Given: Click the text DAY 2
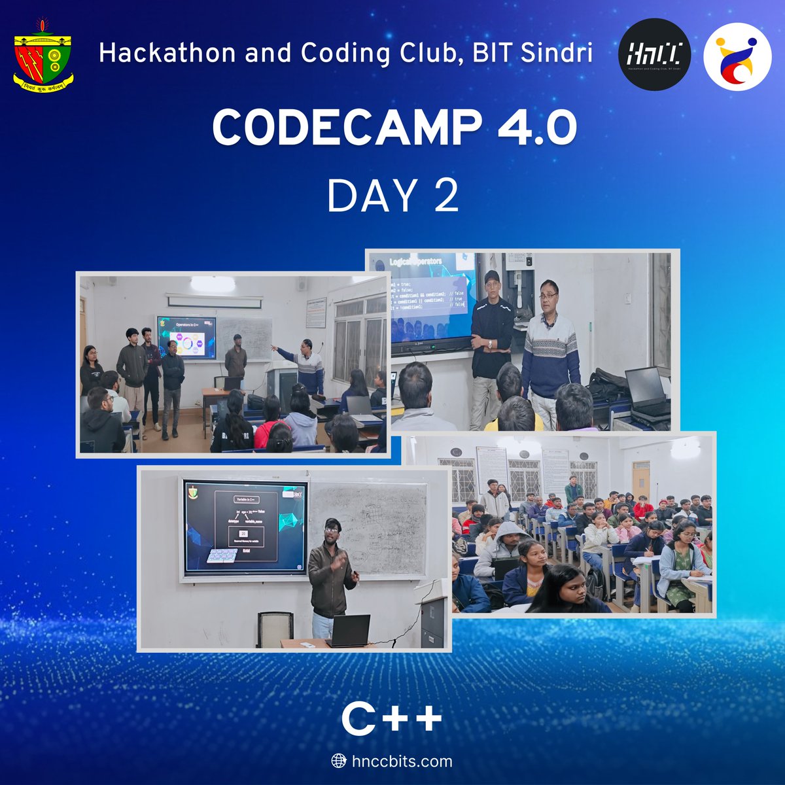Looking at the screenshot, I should coord(392,196).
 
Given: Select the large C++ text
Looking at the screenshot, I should coord(392,720).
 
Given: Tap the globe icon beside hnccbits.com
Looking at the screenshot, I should coord(339,761).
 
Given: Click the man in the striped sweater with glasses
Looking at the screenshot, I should coord(550,347).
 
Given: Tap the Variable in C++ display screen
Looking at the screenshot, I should coord(246,527).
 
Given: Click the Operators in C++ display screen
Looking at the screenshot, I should coord(186,340).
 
